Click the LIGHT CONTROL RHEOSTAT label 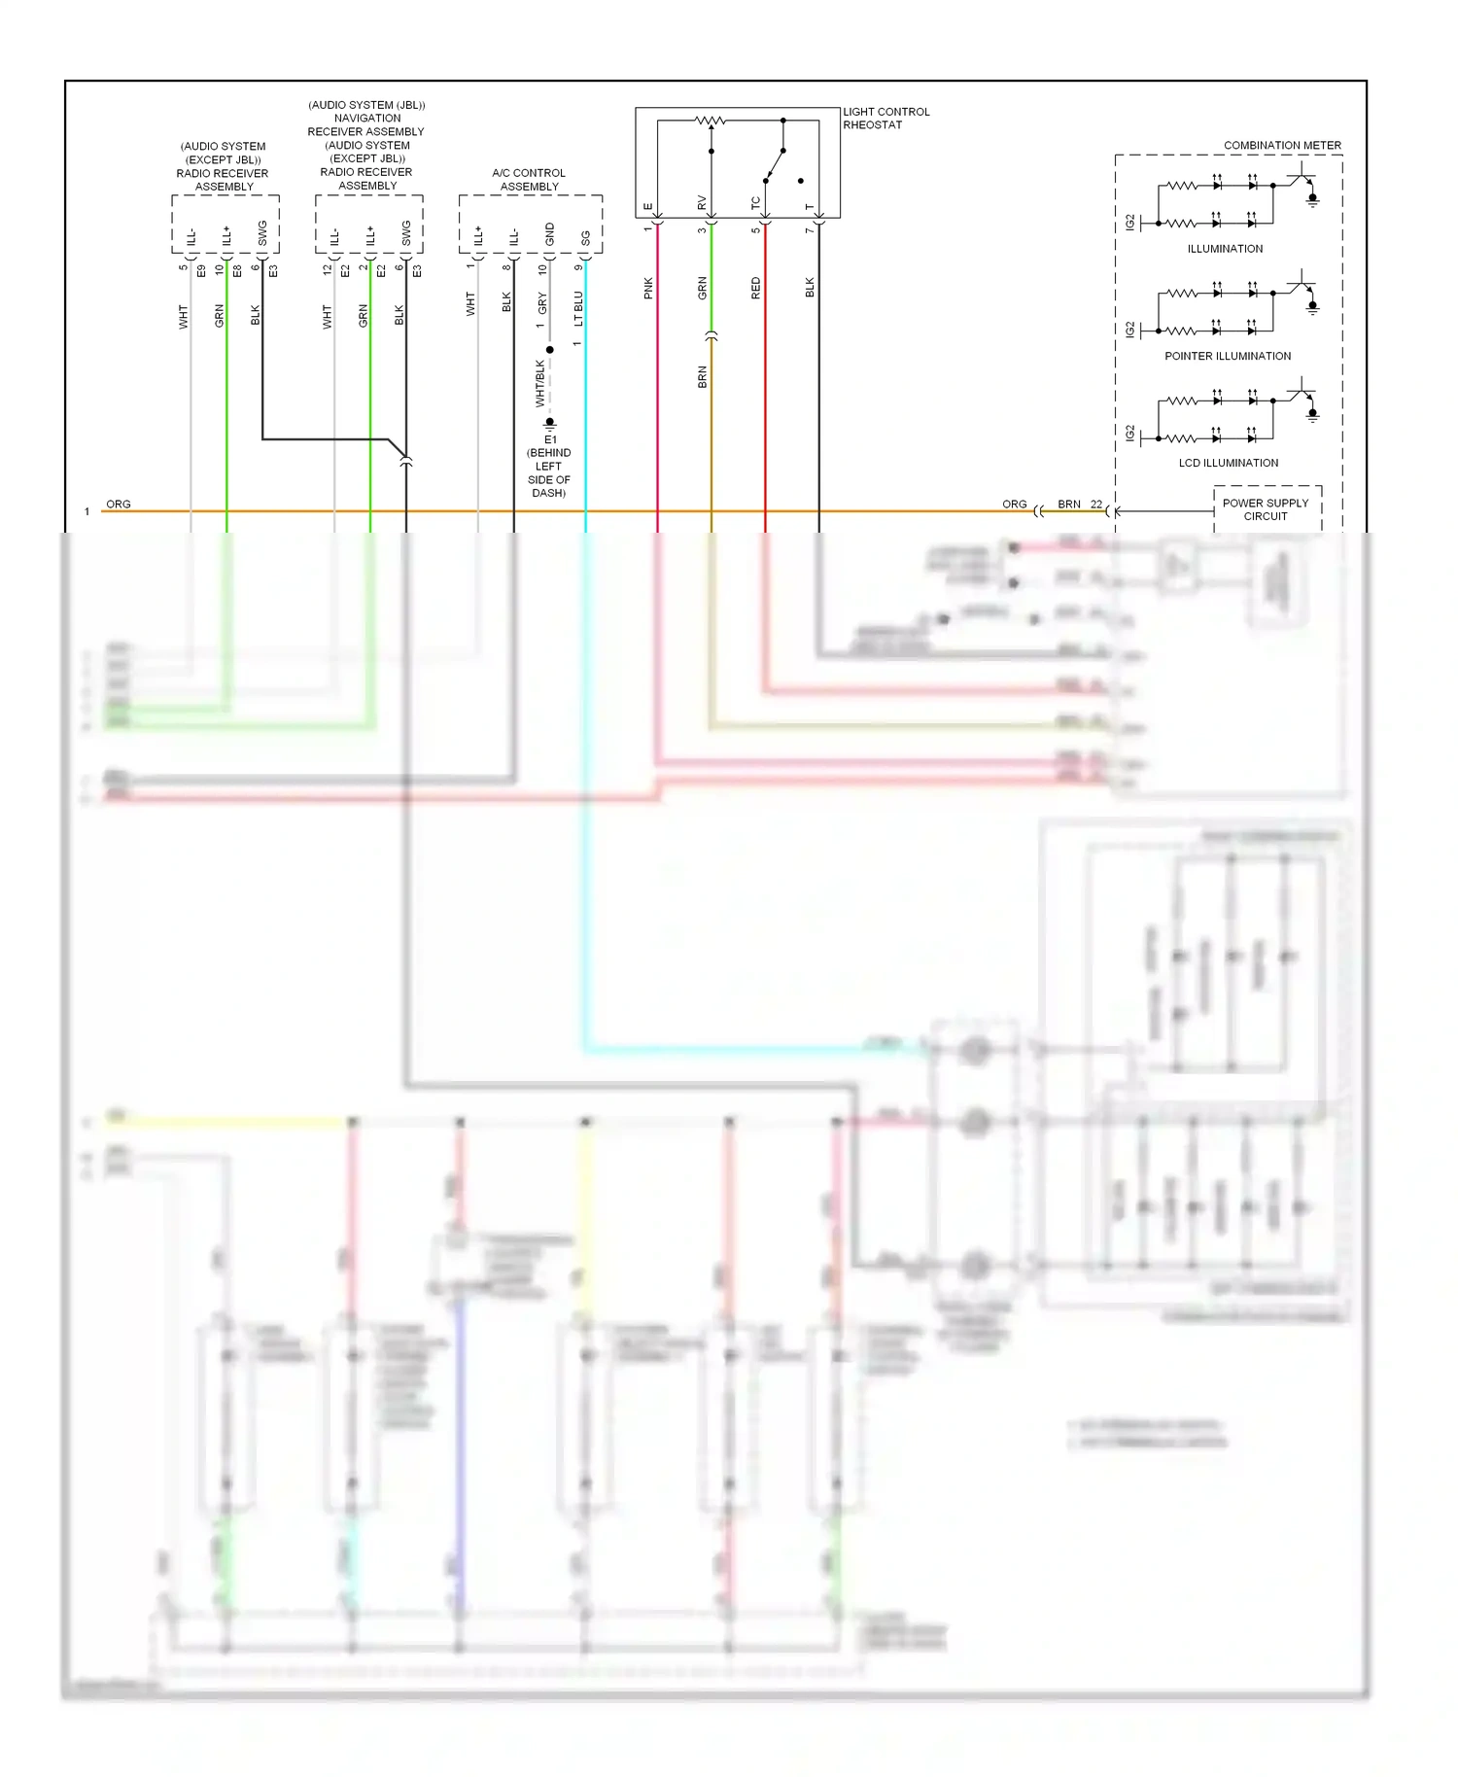point(885,118)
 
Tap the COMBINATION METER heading point(1281,145)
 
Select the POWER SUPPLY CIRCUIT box point(1266,509)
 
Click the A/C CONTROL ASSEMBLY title point(529,179)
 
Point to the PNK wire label point(648,288)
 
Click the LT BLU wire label point(578,308)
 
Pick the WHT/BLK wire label point(540,383)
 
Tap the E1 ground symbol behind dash point(550,424)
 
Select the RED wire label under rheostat point(756,288)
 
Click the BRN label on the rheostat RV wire point(703,377)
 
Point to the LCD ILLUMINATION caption point(1228,463)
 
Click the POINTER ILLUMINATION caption point(1227,356)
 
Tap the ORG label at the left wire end point(119,504)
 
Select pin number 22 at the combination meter point(1095,504)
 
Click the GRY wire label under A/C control point(542,302)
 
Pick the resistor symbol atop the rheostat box point(711,122)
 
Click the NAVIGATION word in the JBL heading point(366,118)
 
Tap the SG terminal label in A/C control point(585,237)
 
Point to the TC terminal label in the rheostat point(755,202)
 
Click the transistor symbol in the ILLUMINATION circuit point(1302,179)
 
